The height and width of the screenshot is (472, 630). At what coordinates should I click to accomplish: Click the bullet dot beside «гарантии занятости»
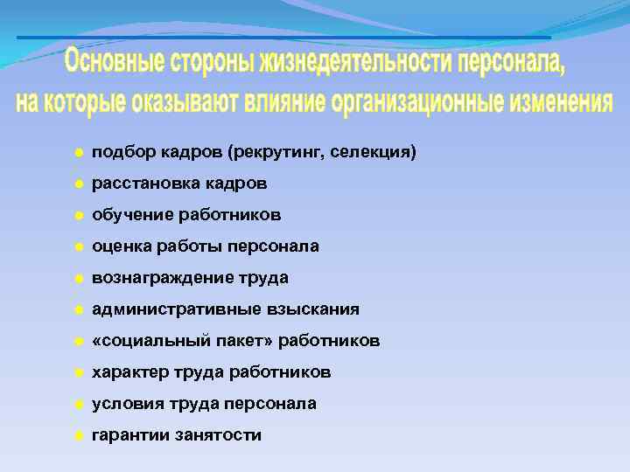click(78, 435)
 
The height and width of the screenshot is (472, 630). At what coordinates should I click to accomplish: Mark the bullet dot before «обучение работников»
click(78, 215)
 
